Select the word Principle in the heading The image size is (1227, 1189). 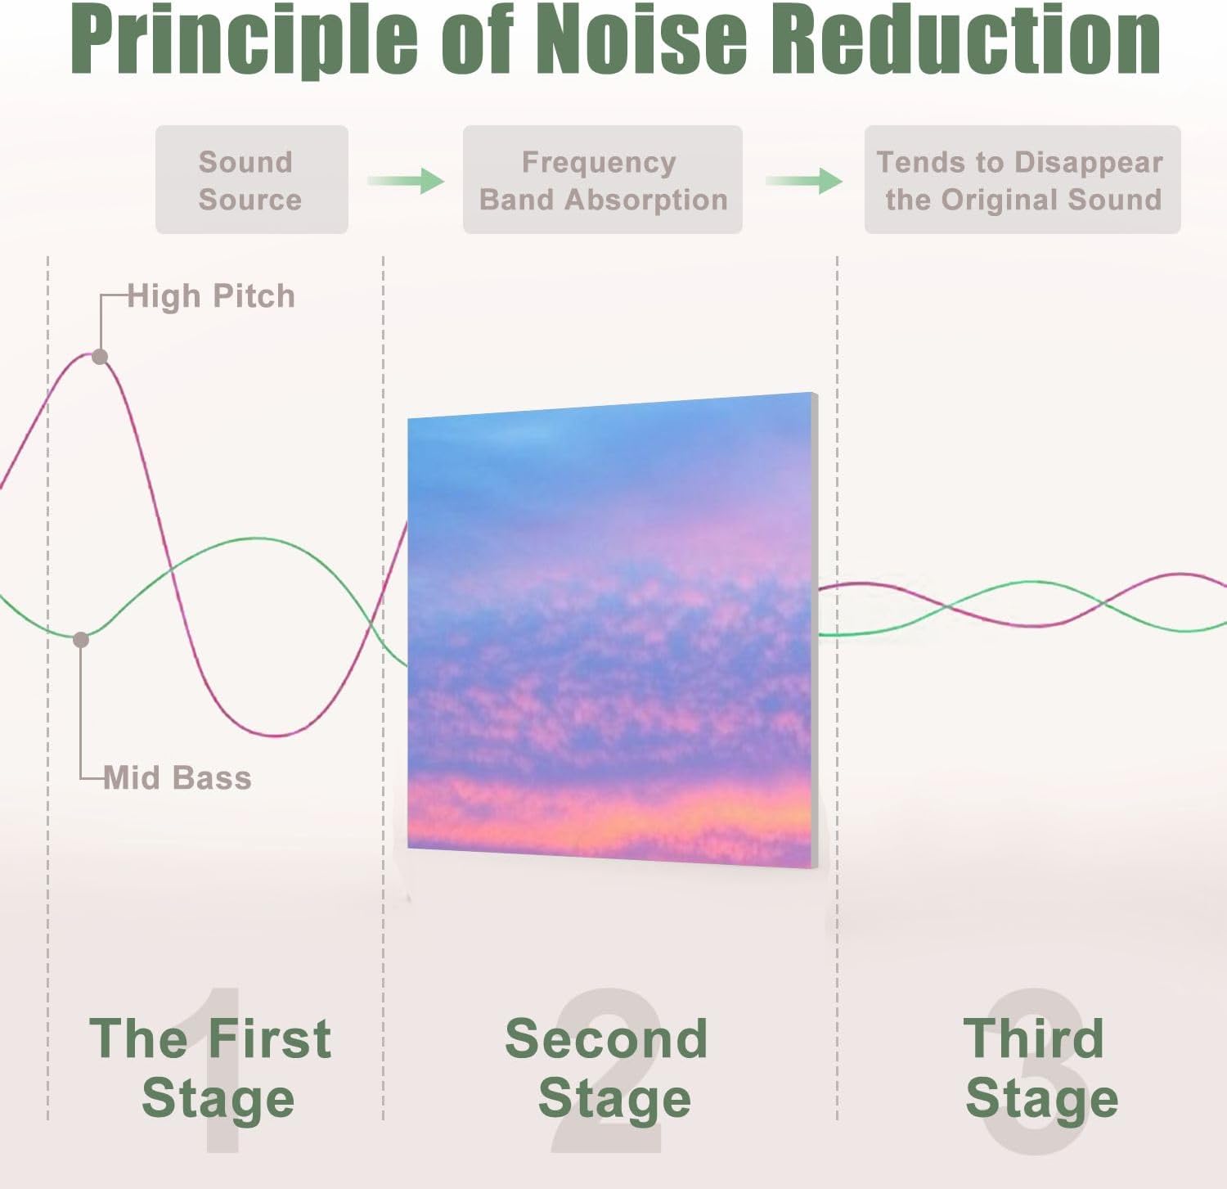tap(244, 41)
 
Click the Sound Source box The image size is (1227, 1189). tap(251, 180)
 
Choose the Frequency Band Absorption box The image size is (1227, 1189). tap(602, 180)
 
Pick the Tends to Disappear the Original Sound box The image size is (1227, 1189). tap(1022, 180)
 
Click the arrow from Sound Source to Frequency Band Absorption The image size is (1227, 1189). tap(406, 181)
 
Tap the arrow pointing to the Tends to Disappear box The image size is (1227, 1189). tap(804, 181)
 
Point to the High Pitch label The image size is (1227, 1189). tap(211, 296)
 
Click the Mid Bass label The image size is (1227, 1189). tap(178, 778)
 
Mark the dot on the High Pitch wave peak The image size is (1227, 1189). tap(100, 357)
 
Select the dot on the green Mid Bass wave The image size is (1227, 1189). tap(81, 640)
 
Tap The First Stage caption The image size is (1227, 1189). tap(211, 1067)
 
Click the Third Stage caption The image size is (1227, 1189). tap(1039, 1067)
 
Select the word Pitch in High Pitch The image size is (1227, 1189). tap(253, 296)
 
